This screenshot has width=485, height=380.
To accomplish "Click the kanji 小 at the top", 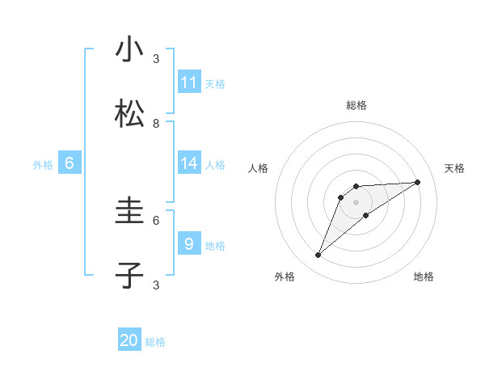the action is click(130, 50).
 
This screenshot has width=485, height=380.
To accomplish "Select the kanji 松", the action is click(130, 115).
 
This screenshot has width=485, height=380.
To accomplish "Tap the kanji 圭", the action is click(130, 212).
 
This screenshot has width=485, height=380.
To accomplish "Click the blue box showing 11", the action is click(189, 82).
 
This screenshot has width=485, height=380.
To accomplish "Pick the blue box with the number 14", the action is click(189, 163).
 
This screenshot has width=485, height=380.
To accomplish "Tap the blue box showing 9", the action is click(189, 244).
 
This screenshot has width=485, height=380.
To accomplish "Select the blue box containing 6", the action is click(70, 163).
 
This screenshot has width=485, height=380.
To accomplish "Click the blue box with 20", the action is click(129, 340).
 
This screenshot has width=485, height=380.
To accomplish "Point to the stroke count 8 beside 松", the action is click(156, 124).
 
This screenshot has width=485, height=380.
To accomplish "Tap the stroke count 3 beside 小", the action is click(156, 58).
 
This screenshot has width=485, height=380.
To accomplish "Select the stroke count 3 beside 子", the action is click(156, 285).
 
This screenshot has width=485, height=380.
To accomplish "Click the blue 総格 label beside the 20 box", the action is click(155, 342).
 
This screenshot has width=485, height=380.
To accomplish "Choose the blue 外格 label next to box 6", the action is click(43, 165).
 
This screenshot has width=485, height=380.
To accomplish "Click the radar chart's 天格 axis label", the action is click(454, 168).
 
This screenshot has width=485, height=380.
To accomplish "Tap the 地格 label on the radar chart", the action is click(424, 277).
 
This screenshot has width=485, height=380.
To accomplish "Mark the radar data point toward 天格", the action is click(418, 182).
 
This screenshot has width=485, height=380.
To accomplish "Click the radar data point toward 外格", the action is click(318, 255).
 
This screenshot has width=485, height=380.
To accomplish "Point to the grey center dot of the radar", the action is click(356, 201).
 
